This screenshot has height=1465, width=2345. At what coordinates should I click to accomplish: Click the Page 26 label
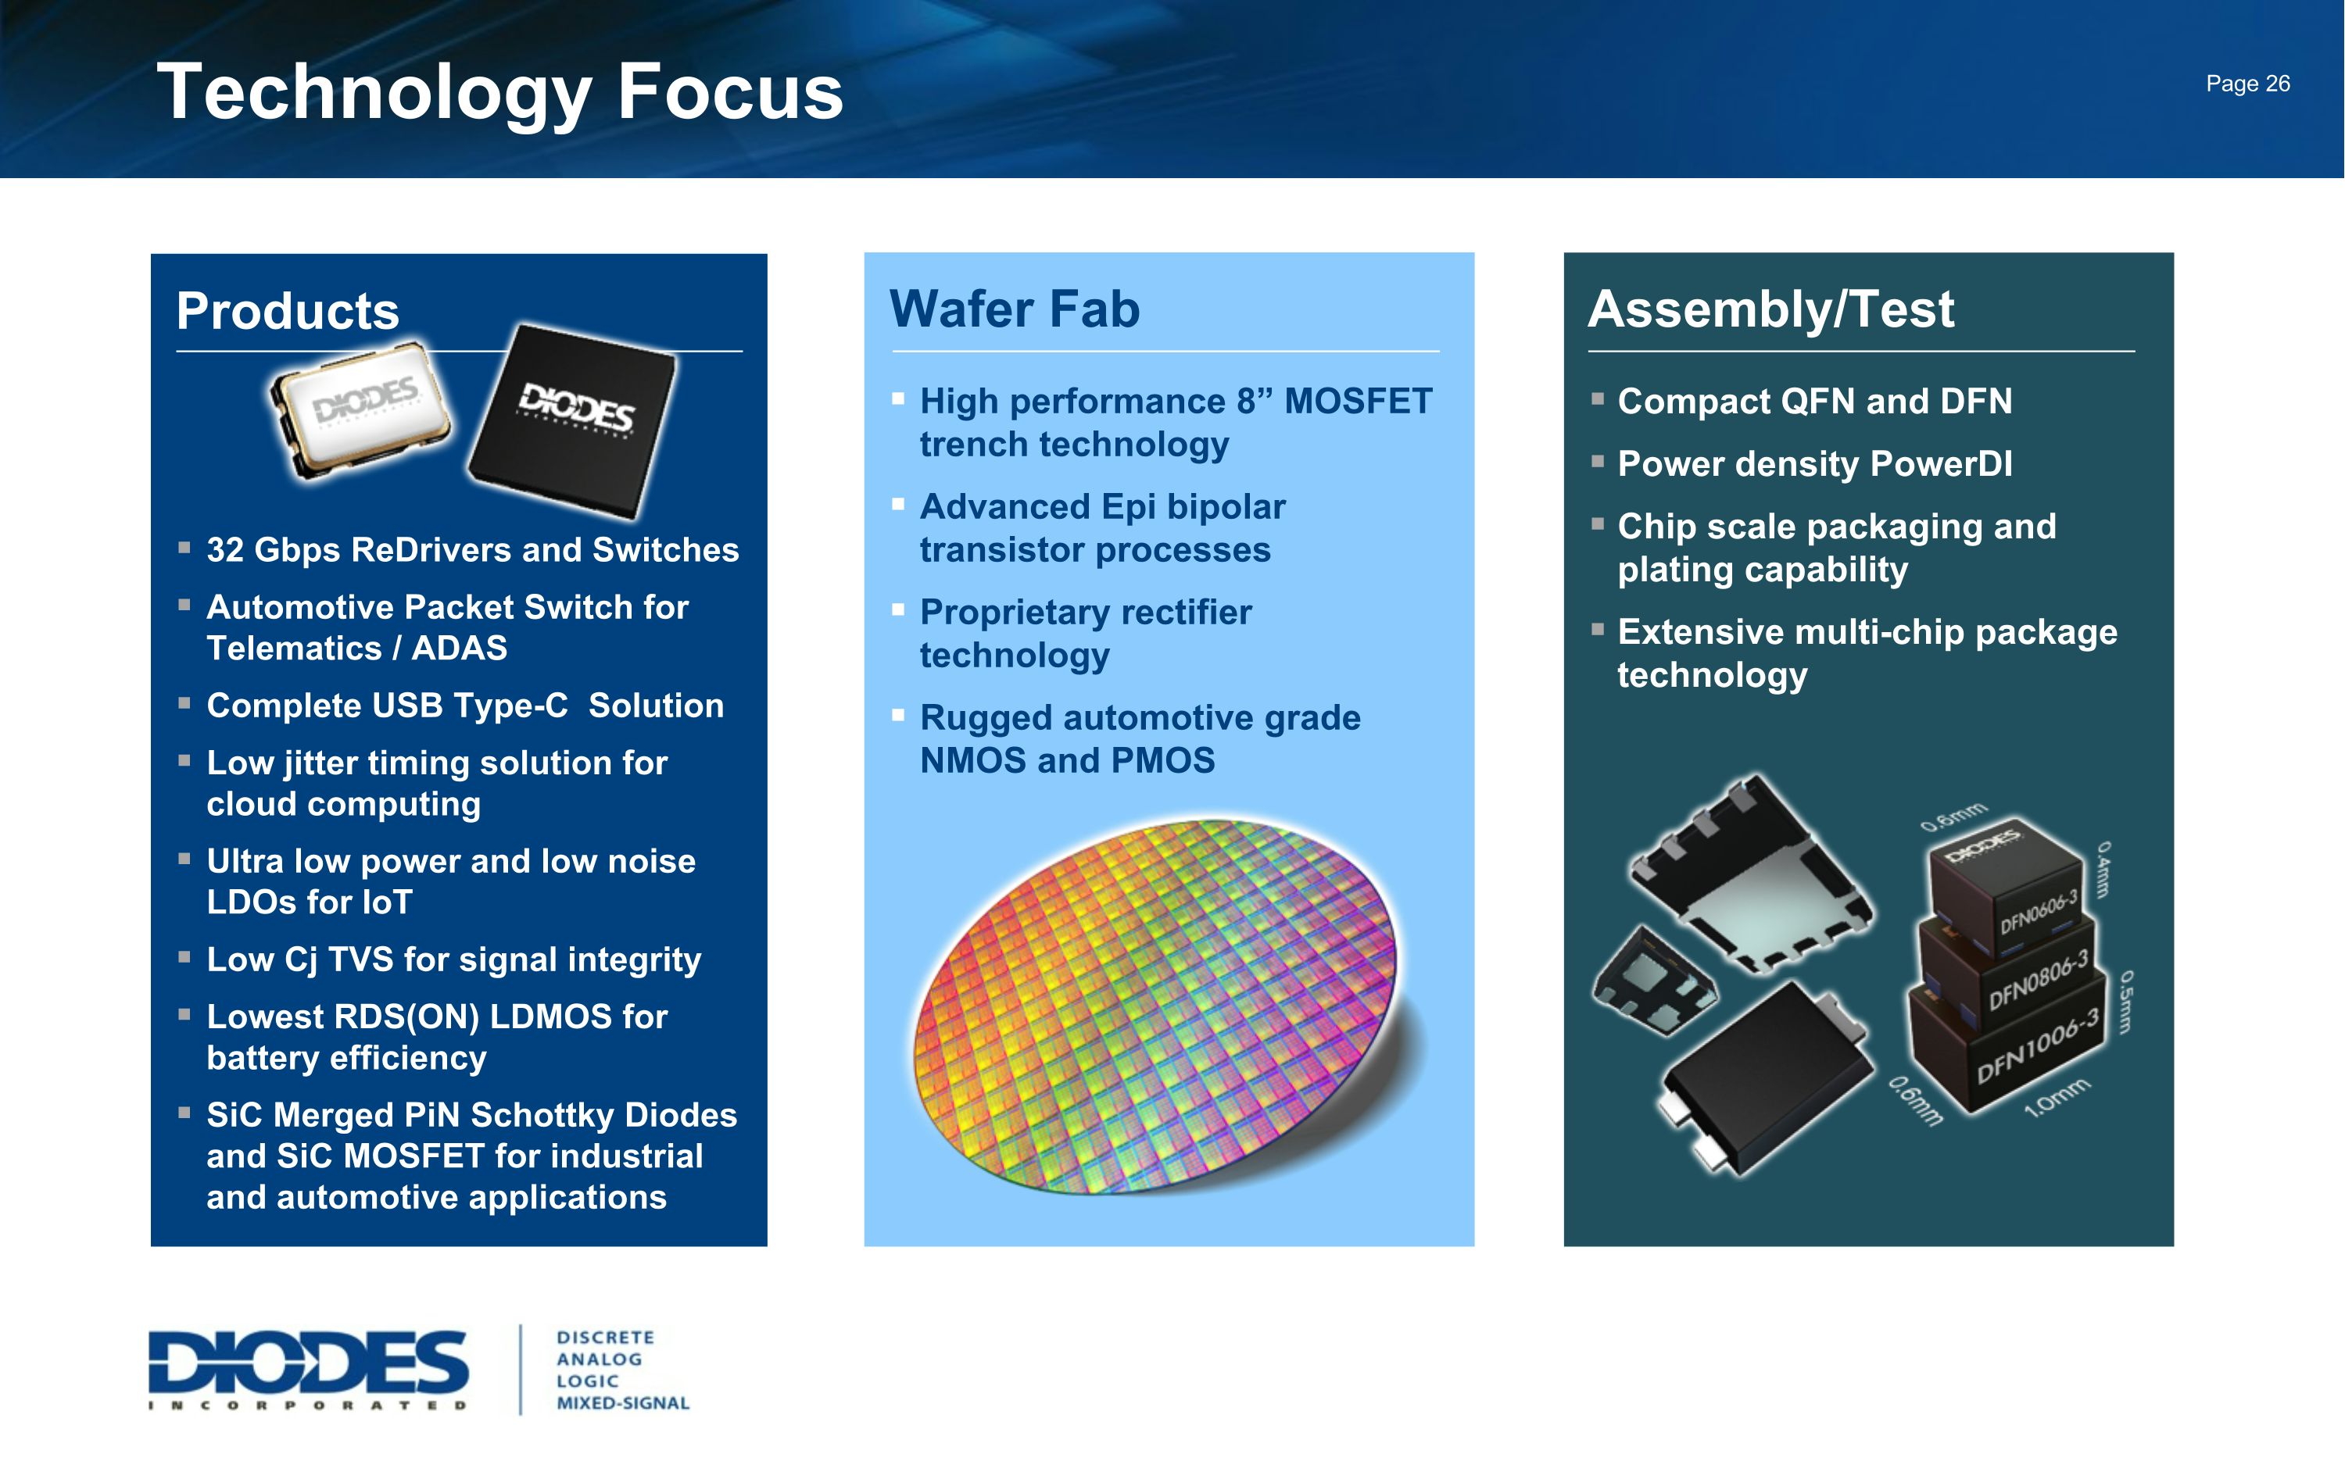point(2247,84)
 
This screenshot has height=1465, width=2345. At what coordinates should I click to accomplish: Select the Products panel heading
point(288,311)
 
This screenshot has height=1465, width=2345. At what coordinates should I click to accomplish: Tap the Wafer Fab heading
point(1015,309)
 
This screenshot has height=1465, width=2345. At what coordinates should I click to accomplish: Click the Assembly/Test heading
point(1770,309)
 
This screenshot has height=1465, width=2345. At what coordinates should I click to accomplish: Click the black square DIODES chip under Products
point(574,419)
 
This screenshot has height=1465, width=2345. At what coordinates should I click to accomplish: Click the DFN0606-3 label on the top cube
point(2039,911)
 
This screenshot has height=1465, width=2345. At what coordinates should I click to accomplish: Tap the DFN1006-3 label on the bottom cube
point(2037,1045)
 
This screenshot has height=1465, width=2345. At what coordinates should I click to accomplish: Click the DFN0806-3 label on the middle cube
point(2039,980)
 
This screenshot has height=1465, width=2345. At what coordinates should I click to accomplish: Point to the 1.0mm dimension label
point(2057,1098)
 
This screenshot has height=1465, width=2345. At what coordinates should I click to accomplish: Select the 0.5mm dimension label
point(2126,1001)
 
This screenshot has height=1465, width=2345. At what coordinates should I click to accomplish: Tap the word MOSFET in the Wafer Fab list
point(1358,401)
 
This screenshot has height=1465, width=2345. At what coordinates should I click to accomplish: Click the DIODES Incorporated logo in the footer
point(308,1369)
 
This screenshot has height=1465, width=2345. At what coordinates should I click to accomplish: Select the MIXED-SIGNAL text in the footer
point(622,1403)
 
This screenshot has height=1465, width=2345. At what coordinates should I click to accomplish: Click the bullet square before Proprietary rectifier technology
point(898,609)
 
